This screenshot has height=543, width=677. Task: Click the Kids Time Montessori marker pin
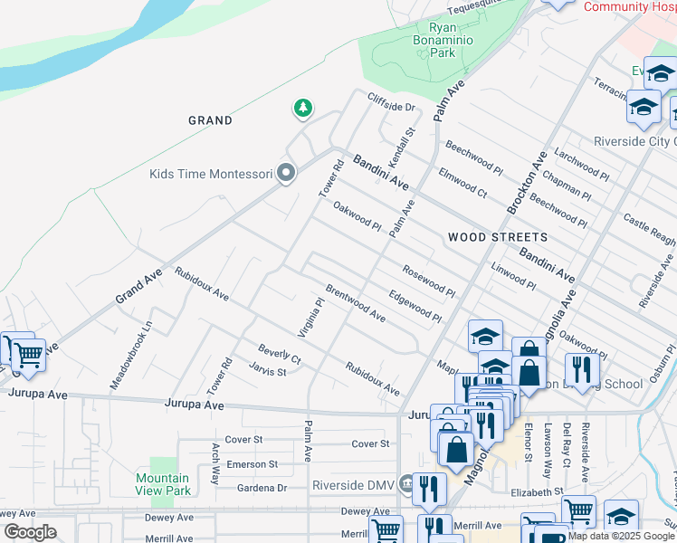pyautogui.click(x=287, y=173)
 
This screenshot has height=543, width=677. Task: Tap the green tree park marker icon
pyautogui.click(x=302, y=110)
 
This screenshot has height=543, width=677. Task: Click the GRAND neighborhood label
pyautogui.click(x=210, y=120)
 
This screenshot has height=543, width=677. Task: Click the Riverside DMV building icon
pyautogui.click(x=406, y=485)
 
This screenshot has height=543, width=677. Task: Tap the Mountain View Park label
pyautogui.click(x=163, y=484)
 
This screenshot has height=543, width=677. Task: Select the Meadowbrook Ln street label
pyautogui.click(x=132, y=355)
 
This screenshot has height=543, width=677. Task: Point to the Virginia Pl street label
pyautogui.click(x=311, y=316)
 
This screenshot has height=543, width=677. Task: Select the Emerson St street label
pyautogui.click(x=252, y=464)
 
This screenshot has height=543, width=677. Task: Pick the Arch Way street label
pyautogui.click(x=215, y=463)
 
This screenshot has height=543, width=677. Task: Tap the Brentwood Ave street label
pyautogui.click(x=356, y=304)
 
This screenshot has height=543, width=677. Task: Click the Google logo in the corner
pyautogui.click(x=30, y=532)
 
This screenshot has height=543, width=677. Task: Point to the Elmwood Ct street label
pyautogui.click(x=462, y=181)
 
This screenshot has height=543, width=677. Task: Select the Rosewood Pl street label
pyautogui.click(x=429, y=280)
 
